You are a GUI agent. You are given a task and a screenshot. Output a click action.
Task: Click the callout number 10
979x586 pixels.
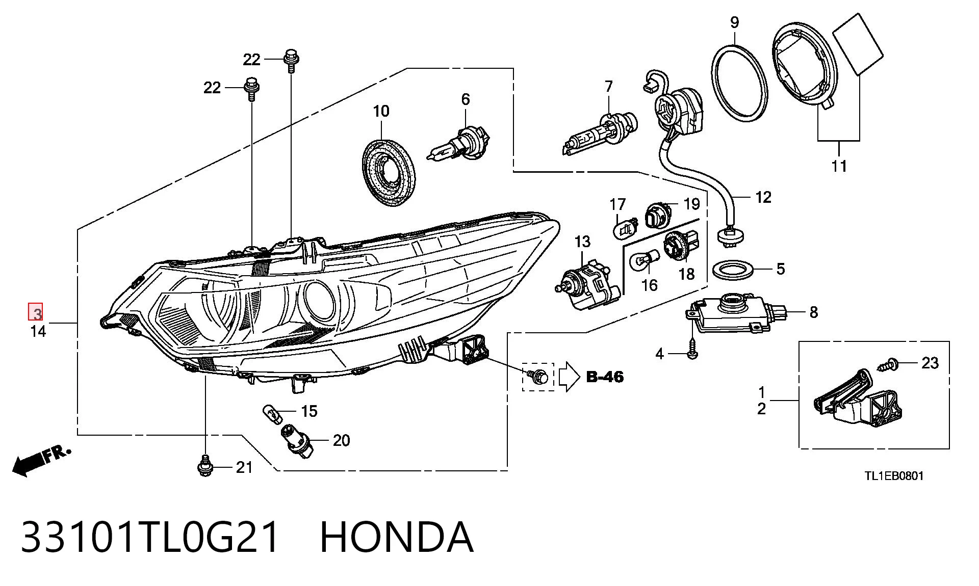tap(381, 111)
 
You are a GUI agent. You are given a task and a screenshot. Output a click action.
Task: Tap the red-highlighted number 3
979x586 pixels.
tap(36, 312)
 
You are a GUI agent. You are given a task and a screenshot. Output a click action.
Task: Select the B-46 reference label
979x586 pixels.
tap(605, 377)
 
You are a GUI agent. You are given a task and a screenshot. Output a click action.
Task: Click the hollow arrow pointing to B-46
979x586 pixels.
tap(570, 377)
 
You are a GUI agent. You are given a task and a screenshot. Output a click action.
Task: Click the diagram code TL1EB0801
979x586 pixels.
tap(894, 476)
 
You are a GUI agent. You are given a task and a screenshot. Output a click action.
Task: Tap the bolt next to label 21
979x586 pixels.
tap(204, 465)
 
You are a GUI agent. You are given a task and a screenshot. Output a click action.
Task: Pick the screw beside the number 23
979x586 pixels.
tap(887, 365)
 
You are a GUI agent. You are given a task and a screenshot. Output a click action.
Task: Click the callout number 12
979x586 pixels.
tap(763, 197)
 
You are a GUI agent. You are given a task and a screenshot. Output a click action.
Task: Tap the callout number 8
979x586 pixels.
tap(813, 312)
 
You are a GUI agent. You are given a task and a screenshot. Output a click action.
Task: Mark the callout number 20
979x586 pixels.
tap(341, 440)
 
